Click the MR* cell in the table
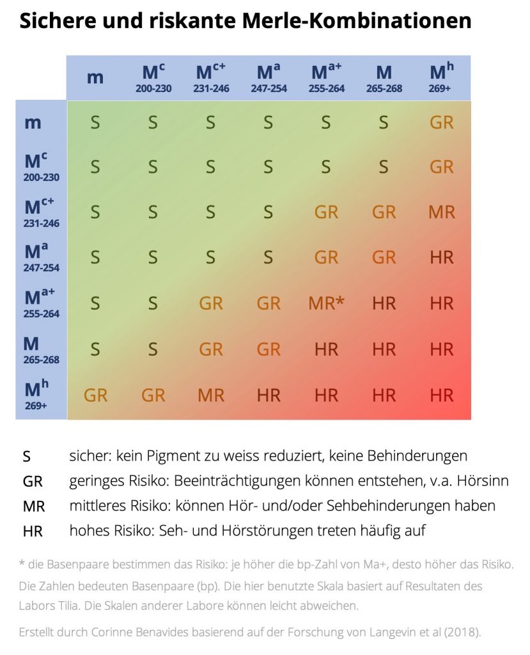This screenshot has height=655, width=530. click(326, 303)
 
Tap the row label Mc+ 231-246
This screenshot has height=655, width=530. click(41, 212)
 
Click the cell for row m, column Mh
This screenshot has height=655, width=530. click(442, 122)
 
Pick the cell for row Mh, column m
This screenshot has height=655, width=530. click(95, 395)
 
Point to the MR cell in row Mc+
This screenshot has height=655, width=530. click(442, 212)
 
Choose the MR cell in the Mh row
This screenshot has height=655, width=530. click(211, 395)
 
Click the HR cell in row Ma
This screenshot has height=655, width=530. click(442, 257)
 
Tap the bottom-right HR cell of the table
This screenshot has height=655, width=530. click(442, 395)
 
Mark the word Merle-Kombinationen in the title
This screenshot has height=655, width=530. click(357, 22)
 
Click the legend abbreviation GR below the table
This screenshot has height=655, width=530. click(32, 482)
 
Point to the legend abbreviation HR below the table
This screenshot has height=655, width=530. click(32, 531)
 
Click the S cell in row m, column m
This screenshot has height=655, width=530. click(95, 122)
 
